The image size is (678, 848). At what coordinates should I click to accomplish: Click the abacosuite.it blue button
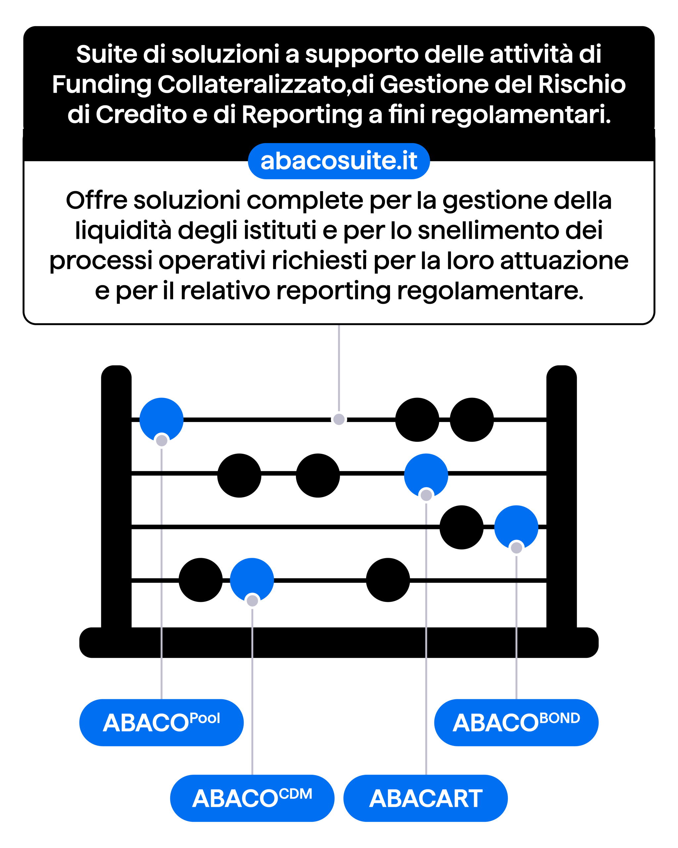click(x=339, y=161)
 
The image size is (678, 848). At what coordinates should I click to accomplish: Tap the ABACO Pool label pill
click(x=161, y=722)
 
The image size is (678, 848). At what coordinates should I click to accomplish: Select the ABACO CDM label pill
click(x=252, y=798)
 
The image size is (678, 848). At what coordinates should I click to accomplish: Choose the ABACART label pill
click(x=426, y=798)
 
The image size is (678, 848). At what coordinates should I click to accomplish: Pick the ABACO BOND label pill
click(x=516, y=722)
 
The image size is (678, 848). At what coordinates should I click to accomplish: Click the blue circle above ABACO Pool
click(x=161, y=418)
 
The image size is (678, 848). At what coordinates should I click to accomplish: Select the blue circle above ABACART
click(x=426, y=474)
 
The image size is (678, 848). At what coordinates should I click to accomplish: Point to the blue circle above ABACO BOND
click(x=516, y=526)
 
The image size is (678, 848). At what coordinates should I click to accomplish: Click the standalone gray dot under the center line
click(x=339, y=419)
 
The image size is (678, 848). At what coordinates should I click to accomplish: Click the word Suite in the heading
click(x=106, y=54)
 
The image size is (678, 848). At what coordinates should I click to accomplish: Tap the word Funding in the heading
click(x=101, y=84)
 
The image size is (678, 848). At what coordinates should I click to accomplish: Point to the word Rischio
click(x=582, y=84)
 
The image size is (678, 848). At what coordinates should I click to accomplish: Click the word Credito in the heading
click(x=141, y=115)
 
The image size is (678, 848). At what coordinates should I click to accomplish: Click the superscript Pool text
click(x=205, y=718)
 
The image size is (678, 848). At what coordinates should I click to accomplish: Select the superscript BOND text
click(x=560, y=718)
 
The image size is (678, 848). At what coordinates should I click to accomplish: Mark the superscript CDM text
click(x=296, y=794)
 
